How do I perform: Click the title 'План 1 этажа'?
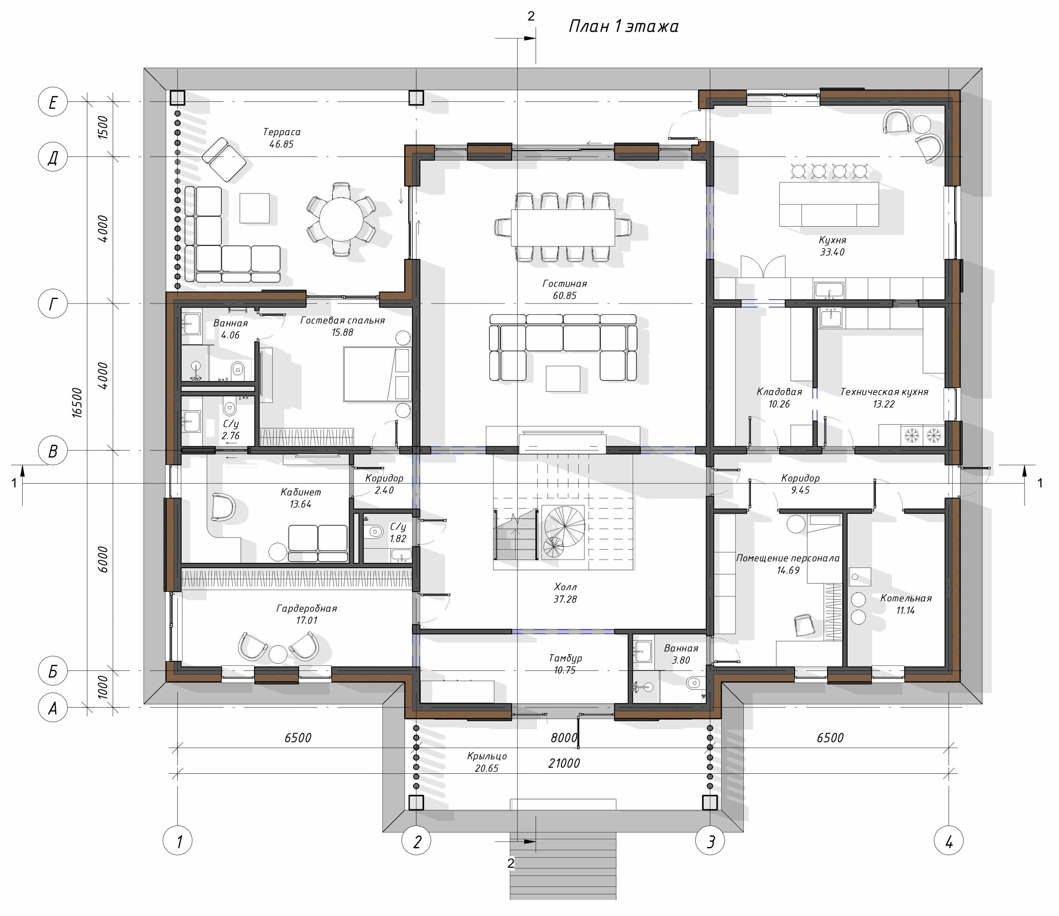click(x=623, y=26)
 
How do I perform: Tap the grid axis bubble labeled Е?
click(x=53, y=102)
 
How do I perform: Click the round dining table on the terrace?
click(x=341, y=219)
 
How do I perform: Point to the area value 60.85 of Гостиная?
click(x=565, y=295)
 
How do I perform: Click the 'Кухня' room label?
click(x=832, y=240)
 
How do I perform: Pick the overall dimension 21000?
click(x=564, y=763)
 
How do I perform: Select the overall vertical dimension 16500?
click(x=77, y=403)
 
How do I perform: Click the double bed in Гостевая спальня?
click(x=377, y=374)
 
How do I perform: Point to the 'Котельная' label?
click(x=906, y=598)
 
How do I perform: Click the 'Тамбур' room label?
click(x=565, y=658)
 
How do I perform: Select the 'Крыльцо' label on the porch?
click(x=487, y=756)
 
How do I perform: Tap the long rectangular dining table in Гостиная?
click(x=563, y=227)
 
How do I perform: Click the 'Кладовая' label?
click(x=779, y=392)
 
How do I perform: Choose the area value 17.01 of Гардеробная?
click(x=307, y=620)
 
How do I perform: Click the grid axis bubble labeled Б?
click(x=53, y=671)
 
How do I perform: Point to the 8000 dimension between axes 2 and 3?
click(x=564, y=738)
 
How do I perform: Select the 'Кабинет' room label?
click(x=301, y=492)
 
